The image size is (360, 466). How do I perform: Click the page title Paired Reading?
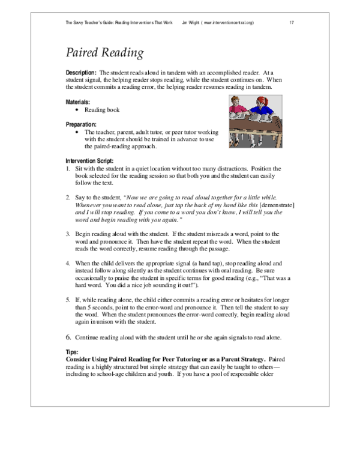pyautogui.click(x=104, y=53)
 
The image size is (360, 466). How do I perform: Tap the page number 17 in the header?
pyautogui.click(x=291, y=22)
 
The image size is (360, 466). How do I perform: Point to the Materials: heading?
pyautogui.click(x=78, y=102)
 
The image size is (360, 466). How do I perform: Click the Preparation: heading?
pyautogui.click(x=81, y=124)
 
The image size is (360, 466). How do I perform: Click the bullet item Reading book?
pyautogui.click(x=102, y=110)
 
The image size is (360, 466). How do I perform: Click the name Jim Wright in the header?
pyautogui.click(x=190, y=22)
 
